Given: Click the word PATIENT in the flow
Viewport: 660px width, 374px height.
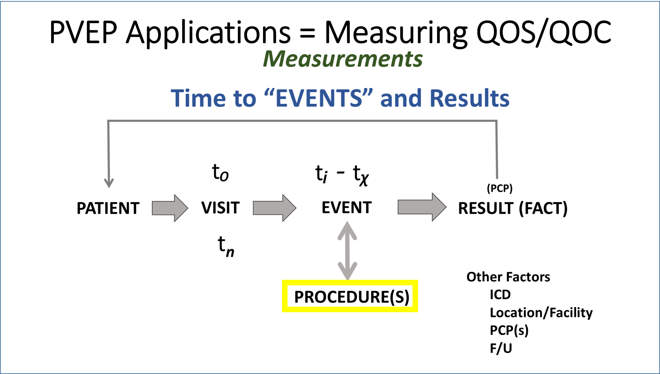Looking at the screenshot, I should [x=108, y=208].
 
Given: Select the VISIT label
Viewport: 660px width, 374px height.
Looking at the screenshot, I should [x=220, y=208].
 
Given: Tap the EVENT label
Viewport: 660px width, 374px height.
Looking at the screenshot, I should [x=347, y=208].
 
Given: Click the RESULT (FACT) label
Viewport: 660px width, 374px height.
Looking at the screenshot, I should [x=513, y=208].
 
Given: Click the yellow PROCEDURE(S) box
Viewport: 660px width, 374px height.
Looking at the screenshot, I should [x=350, y=296].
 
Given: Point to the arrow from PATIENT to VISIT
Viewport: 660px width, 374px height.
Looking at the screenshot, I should [x=170, y=208].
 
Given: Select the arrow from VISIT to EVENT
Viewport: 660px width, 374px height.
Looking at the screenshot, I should [x=274, y=208].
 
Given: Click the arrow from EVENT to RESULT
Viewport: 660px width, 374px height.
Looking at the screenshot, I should [x=422, y=207].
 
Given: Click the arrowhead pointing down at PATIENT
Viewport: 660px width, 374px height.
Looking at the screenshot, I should [x=109, y=183].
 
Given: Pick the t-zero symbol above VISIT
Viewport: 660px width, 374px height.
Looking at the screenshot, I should [x=220, y=172].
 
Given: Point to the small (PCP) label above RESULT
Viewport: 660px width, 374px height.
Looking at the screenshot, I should [x=499, y=188].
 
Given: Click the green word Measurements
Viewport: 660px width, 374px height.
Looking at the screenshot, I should [x=342, y=59].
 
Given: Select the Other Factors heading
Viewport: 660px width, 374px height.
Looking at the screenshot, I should [x=508, y=277].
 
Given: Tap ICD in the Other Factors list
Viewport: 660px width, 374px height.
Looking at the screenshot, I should [x=500, y=295].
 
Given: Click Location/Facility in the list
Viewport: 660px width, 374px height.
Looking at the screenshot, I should [x=541, y=313].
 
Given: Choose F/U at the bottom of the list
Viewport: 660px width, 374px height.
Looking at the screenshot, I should [x=501, y=348].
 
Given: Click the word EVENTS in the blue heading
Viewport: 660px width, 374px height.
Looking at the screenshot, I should [x=319, y=98].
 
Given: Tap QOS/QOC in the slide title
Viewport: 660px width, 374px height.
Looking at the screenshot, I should [x=544, y=32].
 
